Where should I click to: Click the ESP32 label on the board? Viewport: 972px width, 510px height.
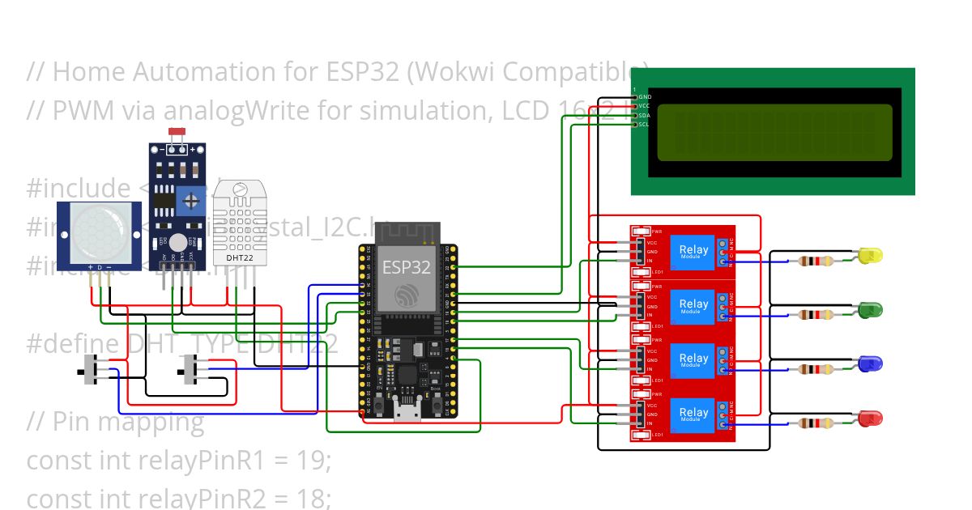point(406,267)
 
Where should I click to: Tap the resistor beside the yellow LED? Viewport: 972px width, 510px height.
point(814,261)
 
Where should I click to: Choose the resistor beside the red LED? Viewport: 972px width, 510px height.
point(814,423)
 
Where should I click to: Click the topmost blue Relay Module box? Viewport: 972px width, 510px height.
point(694,251)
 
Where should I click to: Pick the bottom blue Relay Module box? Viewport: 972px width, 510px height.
point(694,414)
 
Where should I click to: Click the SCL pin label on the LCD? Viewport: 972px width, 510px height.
point(644,124)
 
